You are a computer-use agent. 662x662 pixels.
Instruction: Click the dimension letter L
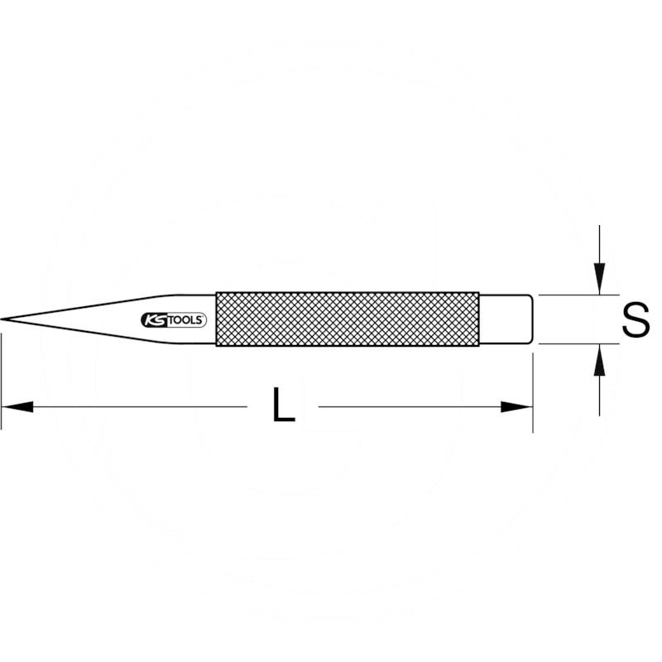[283, 406]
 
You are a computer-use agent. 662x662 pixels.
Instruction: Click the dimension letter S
[636, 320]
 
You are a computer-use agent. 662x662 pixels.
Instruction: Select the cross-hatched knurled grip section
[347, 319]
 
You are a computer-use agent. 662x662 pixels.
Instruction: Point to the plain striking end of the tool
[506, 319]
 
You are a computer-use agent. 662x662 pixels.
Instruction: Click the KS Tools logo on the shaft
[174, 320]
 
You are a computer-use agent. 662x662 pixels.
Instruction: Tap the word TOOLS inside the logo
[185, 320]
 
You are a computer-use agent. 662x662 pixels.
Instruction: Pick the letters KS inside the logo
[155, 320]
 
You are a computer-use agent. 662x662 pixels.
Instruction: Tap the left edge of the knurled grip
[217, 319]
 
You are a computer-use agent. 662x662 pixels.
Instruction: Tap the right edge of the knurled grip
[477, 319]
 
